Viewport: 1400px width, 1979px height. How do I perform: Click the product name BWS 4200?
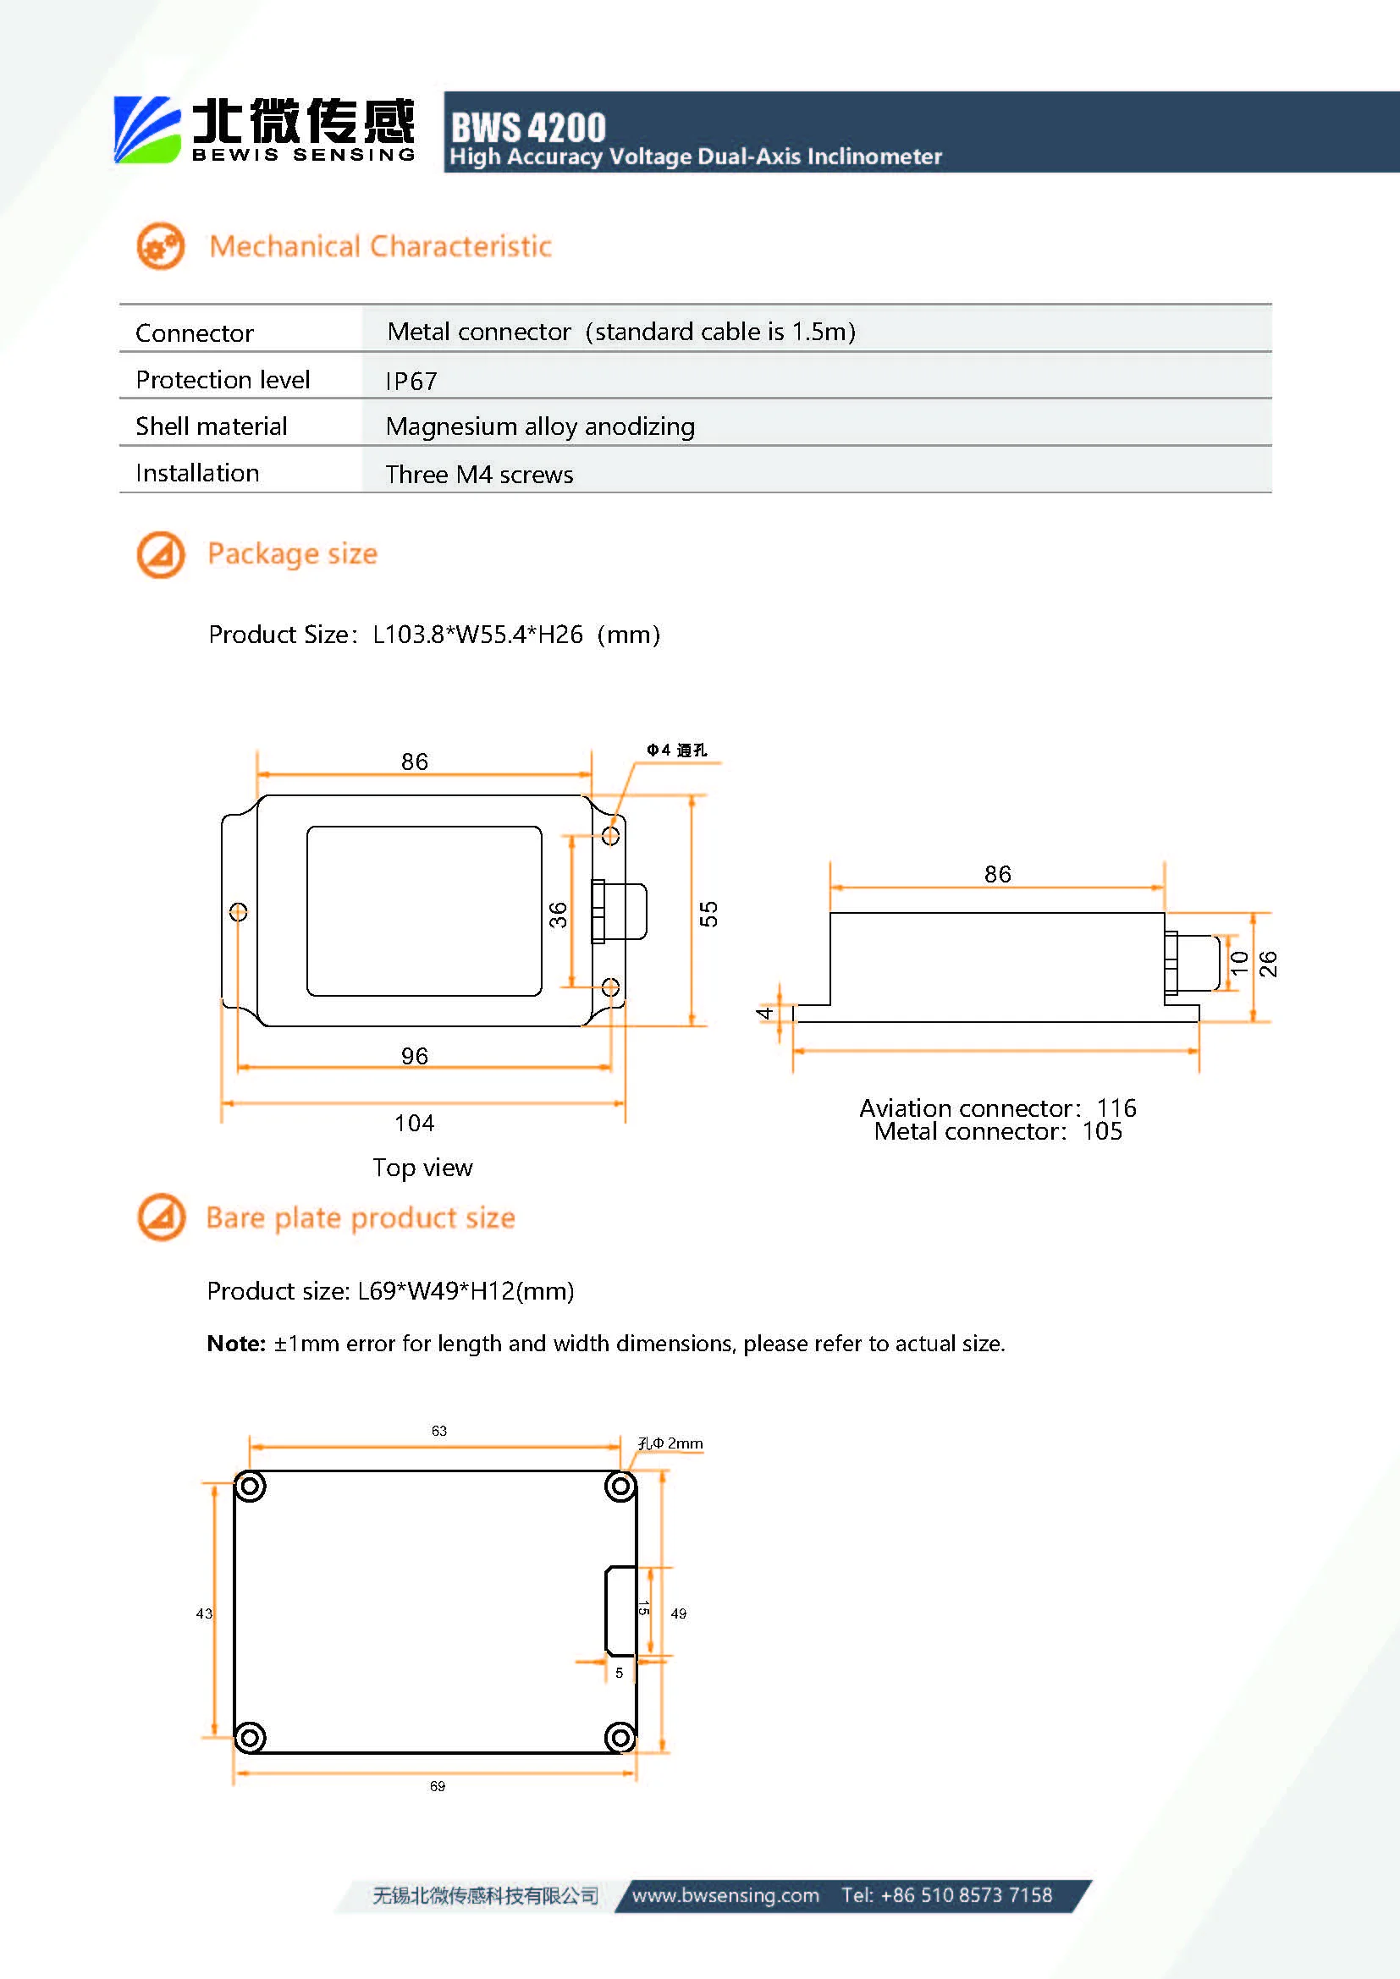(527, 128)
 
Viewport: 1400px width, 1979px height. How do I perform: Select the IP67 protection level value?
(411, 381)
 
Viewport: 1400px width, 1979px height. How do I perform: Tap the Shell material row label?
(212, 426)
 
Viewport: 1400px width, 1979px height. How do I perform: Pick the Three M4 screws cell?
(478, 474)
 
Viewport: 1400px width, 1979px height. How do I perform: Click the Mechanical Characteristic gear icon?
(160, 246)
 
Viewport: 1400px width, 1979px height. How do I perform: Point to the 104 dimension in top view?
(414, 1123)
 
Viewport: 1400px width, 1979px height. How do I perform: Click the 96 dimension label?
(414, 1056)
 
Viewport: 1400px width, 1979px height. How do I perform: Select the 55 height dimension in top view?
(708, 914)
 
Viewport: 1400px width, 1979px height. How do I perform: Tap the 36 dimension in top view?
(559, 914)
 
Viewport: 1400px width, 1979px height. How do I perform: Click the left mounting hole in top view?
(239, 911)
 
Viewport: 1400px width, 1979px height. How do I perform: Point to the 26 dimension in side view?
(1267, 964)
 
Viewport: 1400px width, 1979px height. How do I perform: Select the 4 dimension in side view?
(764, 1013)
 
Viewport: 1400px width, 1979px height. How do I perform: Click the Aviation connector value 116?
(1116, 1108)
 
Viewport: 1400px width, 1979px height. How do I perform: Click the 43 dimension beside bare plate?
(203, 1613)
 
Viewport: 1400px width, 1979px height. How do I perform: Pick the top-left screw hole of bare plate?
(250, 1486)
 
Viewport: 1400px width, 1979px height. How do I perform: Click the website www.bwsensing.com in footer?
(725, 1894)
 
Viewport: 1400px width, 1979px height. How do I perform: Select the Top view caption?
(422, 1168)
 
